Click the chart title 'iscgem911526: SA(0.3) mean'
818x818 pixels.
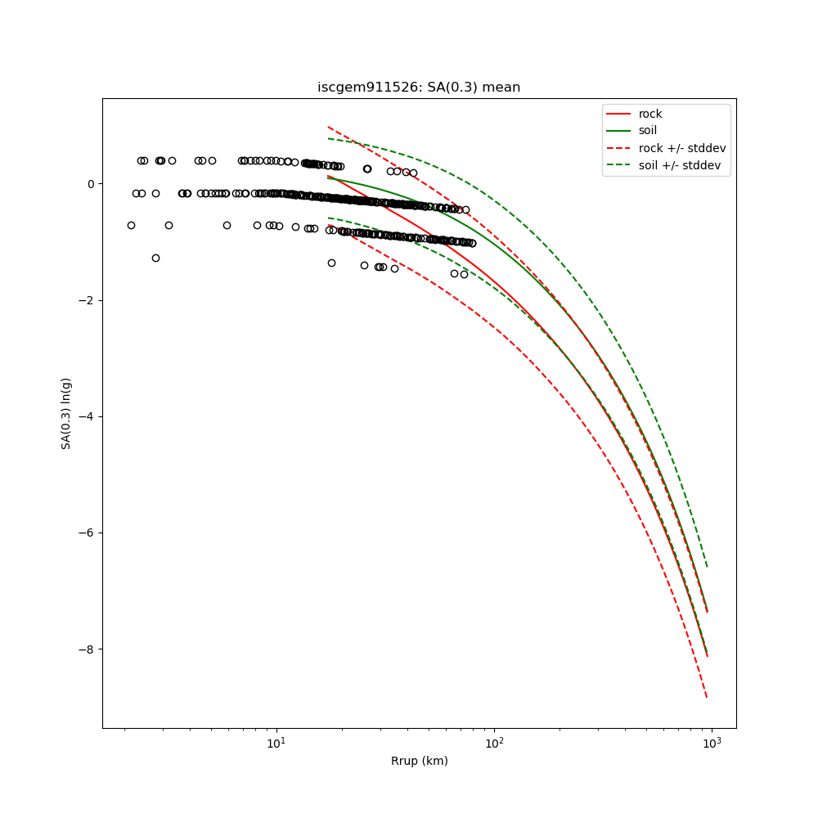click(418, 88)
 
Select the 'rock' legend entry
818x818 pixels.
click(650, 114)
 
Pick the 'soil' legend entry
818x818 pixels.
click(648, 131)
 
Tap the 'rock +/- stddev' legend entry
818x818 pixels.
click(682, 148)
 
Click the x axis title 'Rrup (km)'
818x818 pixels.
click(419, 762)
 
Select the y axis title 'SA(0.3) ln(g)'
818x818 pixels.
click(66, 413)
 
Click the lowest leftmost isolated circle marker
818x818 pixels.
click(155, 258)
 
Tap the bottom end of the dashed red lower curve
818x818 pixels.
click(707, 697)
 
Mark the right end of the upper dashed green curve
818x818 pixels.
click(707, 566)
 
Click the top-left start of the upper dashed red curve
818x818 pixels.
click(328, 127)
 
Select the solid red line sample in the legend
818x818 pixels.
click(619, 114)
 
